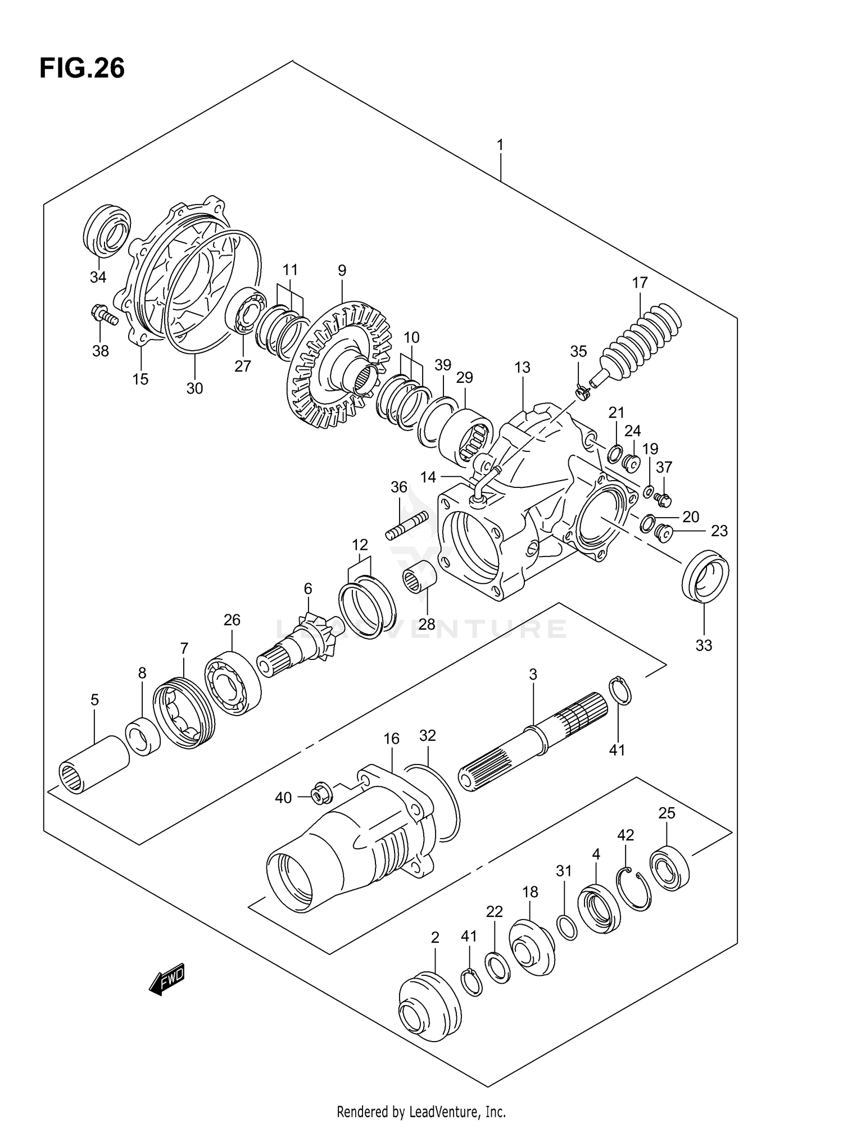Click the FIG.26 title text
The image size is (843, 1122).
tap(82, 69)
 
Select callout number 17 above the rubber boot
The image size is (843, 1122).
tap(640, 283)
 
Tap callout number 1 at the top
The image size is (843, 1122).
tap(500, 146)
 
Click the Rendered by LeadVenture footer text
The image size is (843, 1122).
tap(421, 1111)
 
